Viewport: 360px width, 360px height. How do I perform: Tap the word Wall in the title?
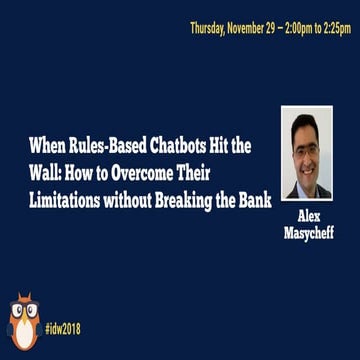point(43,168)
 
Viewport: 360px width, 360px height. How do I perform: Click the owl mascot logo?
point(23,321)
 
